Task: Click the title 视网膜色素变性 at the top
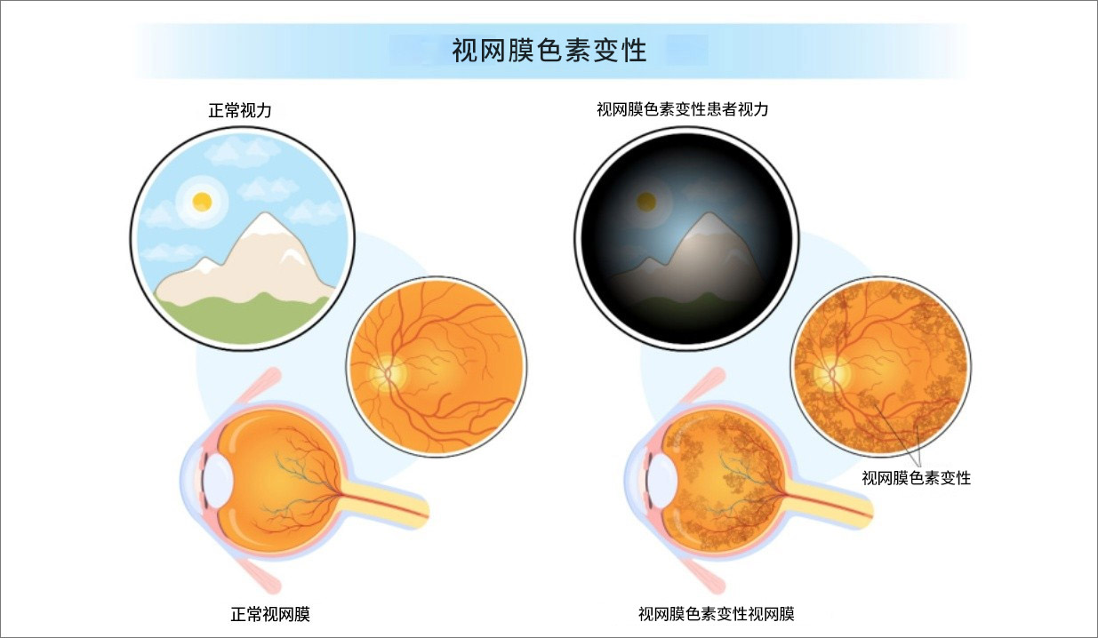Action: pyautogui.click(x=549, y=51)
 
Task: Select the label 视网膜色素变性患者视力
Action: pyautogui.click(x=682, y=111)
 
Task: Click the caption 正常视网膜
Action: pyautogui.click(x=270, y=614)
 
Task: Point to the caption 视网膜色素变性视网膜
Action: pyautogui.click(x=716, y=614)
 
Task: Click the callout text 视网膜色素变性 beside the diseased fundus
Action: pyautogui.click(x=916, y=478)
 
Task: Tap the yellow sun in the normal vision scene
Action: pyautogui.click(x=203, y=201)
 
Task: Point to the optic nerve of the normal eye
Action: pyautogui.click(x=391, y=503)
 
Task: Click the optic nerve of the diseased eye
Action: pyautogui.click(x=836, y=503)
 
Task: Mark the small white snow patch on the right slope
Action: pyautogui.click(x=290, y=257)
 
